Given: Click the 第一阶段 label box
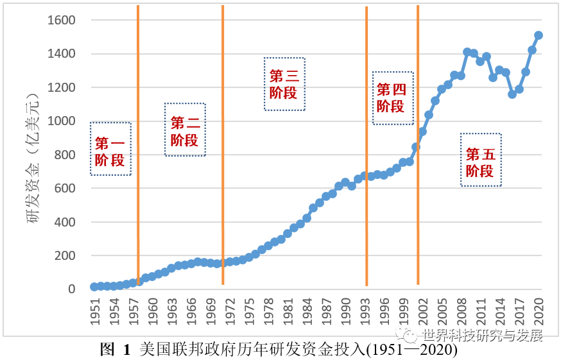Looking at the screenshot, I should [110, 149].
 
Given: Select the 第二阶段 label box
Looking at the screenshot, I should [185, 130].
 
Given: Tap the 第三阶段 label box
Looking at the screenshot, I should [284, 84].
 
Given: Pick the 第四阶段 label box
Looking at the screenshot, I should [393, 98].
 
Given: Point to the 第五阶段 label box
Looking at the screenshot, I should [481, 160].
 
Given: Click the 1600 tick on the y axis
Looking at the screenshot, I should [62, 20].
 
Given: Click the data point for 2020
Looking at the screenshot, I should [539, 35].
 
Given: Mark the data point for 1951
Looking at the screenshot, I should [94, 287].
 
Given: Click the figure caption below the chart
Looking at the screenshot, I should [280, 350].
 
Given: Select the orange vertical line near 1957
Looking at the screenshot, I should [138, 141].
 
